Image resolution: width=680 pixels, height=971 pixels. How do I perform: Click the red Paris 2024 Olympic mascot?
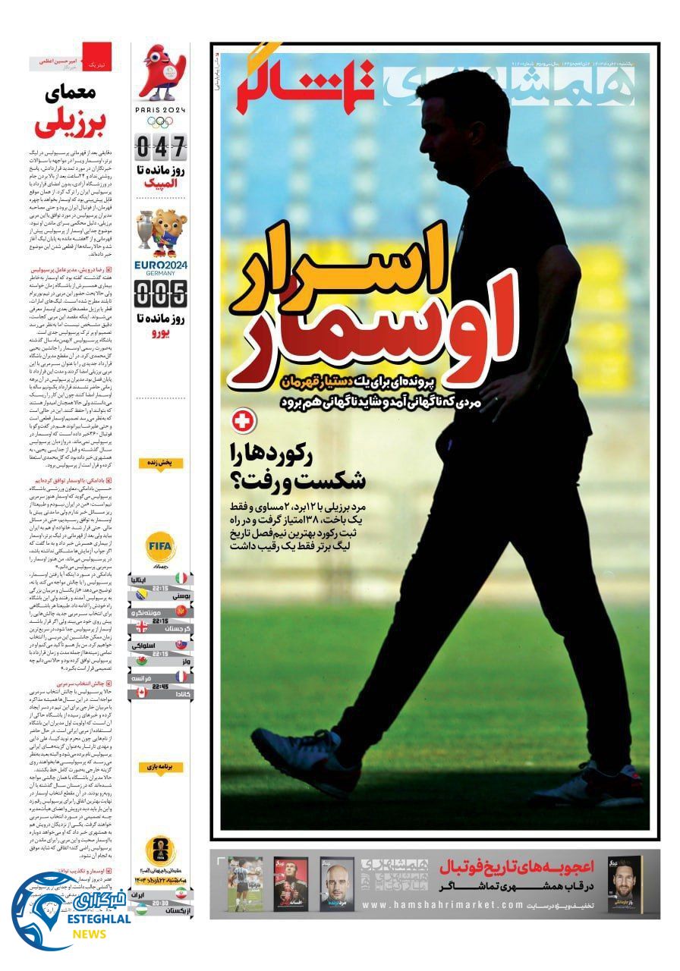point(161,73)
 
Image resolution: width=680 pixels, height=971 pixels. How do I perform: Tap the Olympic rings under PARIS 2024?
point(161,121)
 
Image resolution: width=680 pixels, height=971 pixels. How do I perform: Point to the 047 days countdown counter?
point(161,146)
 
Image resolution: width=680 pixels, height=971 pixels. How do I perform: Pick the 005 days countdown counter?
point(161,293)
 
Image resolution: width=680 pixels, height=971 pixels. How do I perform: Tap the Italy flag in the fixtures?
point(182,580)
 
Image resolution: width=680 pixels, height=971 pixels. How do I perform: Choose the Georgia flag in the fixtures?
point(143,627)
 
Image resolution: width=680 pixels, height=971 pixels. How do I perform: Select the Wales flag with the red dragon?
point(143,660)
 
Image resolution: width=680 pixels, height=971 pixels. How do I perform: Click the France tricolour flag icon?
point(182,676)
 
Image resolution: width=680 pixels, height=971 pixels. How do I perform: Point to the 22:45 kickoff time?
point(160,685)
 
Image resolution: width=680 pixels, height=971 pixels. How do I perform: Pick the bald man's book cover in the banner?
point(336,884)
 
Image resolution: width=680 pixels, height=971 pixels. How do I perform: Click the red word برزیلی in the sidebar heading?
point(68,121)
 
